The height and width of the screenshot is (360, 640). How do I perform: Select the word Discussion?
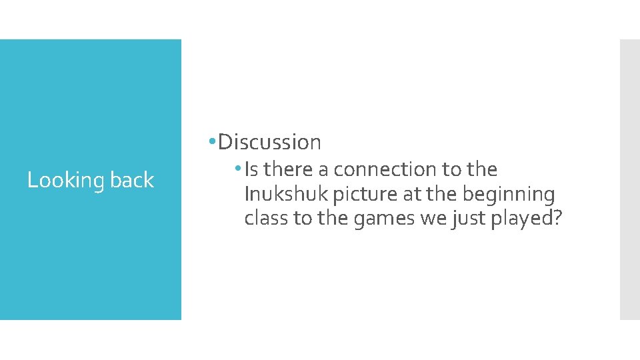(x=269, y=142)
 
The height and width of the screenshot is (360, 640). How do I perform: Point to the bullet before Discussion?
(x=211, y=141)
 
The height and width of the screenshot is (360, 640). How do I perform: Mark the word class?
(x=266, y=219)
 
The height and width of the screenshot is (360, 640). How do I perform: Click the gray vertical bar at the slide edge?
(x=629, y=179)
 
